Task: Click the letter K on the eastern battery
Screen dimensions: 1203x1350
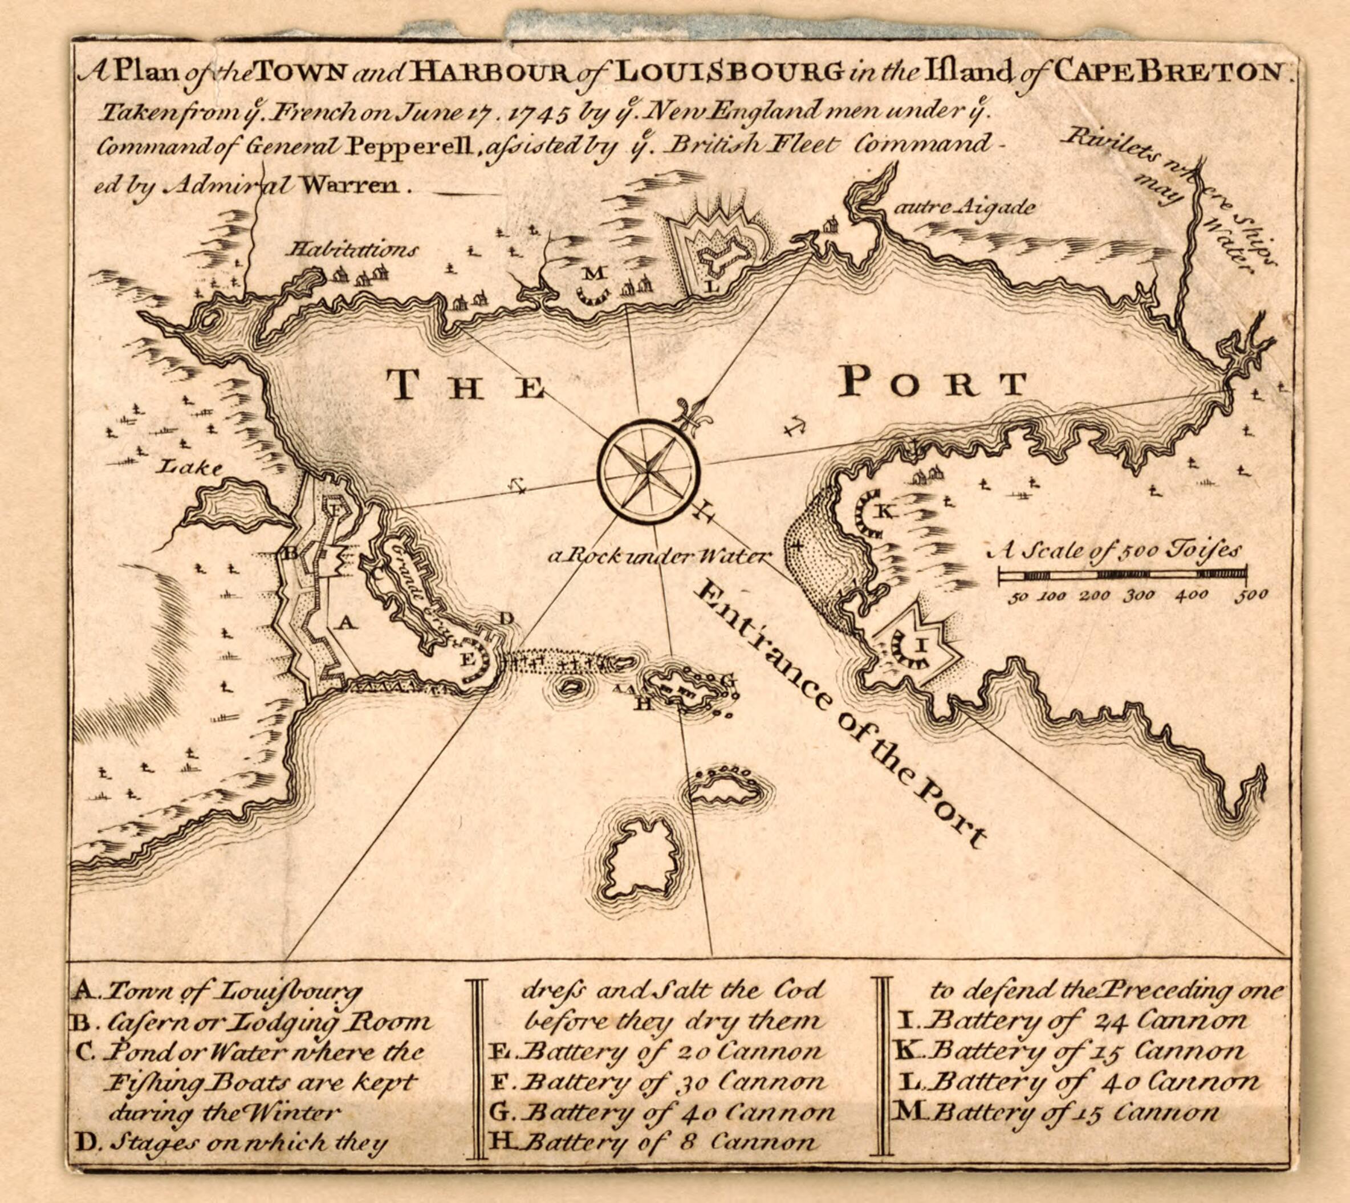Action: click(x=884, y=511)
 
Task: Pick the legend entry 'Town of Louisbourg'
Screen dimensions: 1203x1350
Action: click(x=231, y=991)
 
